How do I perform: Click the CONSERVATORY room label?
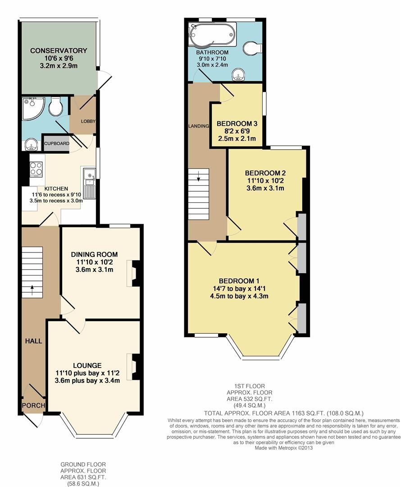[x=59, y=51]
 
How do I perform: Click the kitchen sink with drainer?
[x=88, y=182]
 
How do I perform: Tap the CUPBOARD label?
[x=57, y=144]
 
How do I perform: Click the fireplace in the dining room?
[x=135, y=273]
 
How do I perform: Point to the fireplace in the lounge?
[x=135, y=367]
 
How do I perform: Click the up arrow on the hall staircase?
[x=32, y=287]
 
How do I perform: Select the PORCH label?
[x=34, y=405]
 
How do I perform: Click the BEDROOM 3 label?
[x=237, y=124]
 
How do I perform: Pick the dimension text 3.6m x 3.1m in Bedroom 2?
[x=265, y=188]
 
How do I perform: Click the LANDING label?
[x=199, y=126]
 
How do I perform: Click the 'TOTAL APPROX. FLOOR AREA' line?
[x=284, y=413]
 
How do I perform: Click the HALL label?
[x=33, y=341]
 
